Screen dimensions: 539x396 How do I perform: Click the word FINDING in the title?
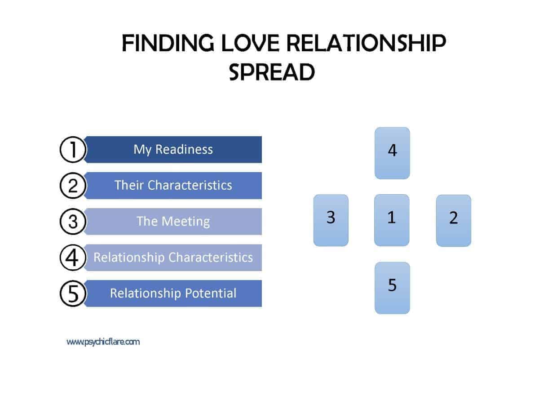[168, 43]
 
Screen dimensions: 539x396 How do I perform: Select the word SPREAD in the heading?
[272, 72]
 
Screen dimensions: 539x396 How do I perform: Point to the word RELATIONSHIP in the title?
[366, 43]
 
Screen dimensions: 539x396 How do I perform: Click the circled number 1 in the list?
[73, 150]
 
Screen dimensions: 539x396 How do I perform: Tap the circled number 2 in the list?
[73, 186]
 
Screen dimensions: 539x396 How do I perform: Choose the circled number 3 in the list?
[73, 222]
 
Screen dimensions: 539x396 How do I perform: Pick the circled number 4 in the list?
[73, 258]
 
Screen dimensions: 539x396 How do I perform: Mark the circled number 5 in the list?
[73, 294]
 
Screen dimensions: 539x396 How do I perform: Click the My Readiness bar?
[173, 150]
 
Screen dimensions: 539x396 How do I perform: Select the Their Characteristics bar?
[173, 186]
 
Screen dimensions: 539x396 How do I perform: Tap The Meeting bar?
[173, 222]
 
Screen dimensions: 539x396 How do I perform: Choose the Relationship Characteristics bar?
[173, 258]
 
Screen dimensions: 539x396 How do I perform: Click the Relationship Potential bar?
[173, 294]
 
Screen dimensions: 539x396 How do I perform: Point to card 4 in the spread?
[392, 153]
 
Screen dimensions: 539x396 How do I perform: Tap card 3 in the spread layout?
[331, 220]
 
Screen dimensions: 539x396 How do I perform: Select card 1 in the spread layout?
[392, 220]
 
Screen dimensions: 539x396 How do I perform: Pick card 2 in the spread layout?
[454, 221]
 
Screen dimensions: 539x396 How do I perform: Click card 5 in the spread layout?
[392, 288]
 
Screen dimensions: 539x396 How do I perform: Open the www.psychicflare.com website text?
[103, 342]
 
